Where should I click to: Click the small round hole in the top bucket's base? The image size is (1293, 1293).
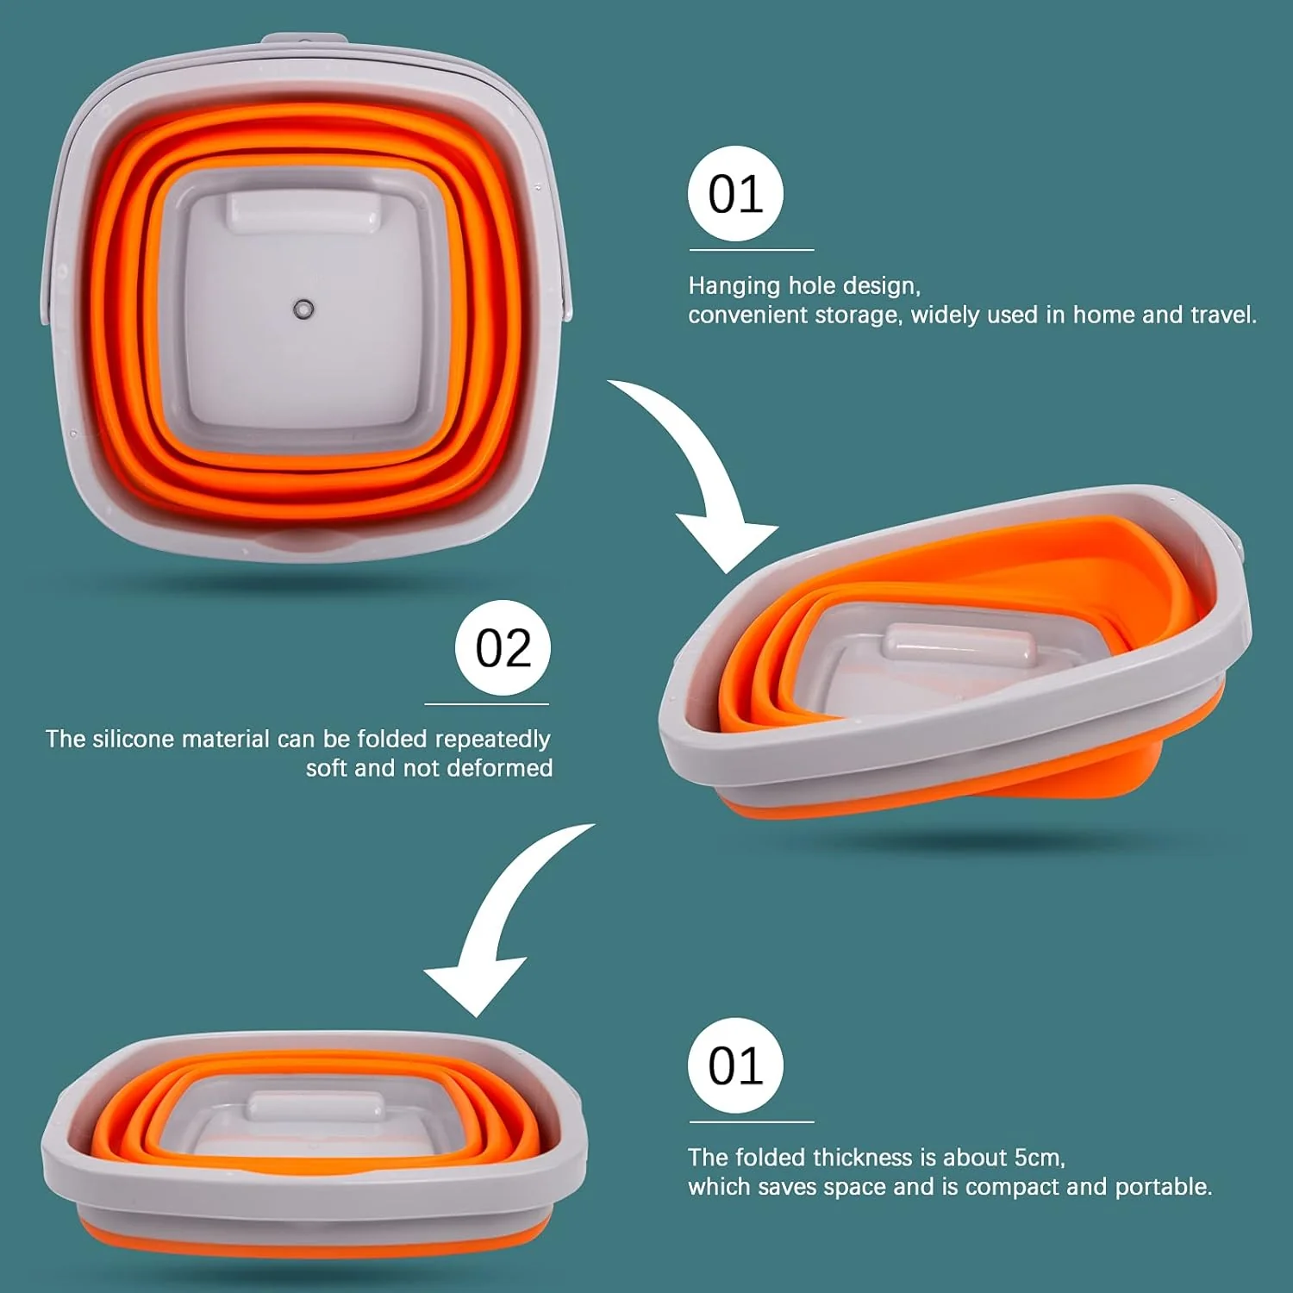click(x=303, y=309)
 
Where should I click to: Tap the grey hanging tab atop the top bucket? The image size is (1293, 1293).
click(x=305, y=40)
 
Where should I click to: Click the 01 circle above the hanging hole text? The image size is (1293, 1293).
click(x=735, y=194)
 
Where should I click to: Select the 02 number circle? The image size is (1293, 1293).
click(x=503, y=648)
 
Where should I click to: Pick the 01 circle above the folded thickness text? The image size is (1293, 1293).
click(x=735, y=1065)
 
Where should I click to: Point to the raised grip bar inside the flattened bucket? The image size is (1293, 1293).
click(x=315, y=1106)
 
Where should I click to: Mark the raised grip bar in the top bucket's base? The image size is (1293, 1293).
click(x=303, y=212)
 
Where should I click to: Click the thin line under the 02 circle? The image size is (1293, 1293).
click(x=487, y=704)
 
